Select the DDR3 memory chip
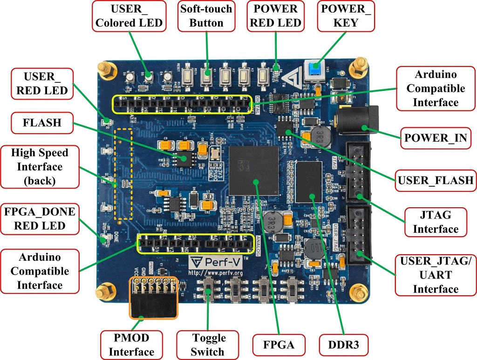(309, 182)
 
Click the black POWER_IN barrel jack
(360, 122)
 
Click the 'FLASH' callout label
(41, 123)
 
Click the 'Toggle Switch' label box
(208, 345)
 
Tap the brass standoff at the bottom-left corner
(101, 294)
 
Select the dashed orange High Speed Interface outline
(123, 174)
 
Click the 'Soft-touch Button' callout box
(206, 16)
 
